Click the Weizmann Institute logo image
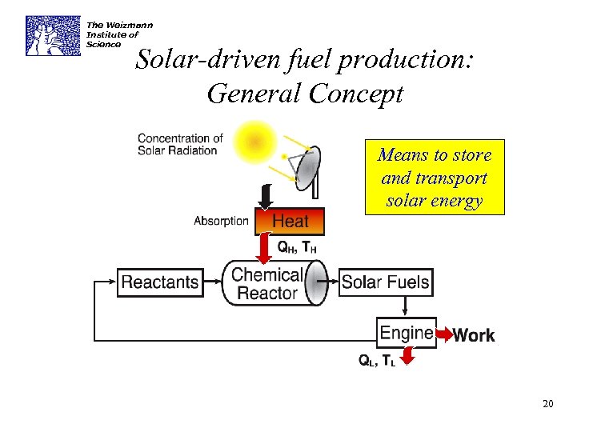tap(53, 35)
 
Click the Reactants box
tap(160, 282)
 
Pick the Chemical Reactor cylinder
tap(273, 283)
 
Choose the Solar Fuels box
tap(386, 282)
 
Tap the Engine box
tap(407, 332)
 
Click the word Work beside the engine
tap(474, 336)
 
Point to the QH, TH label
tap(297, 247)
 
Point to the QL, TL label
tap(376, 360)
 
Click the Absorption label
tap(221, 221)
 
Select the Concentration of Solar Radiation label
tap(180, 145)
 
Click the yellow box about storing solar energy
tap(435, 178)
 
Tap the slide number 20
tap(547, 404)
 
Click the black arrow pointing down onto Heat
tap(266, 196)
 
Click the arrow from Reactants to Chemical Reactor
tap(212, 282)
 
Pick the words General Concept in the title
tap(305, 94)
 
